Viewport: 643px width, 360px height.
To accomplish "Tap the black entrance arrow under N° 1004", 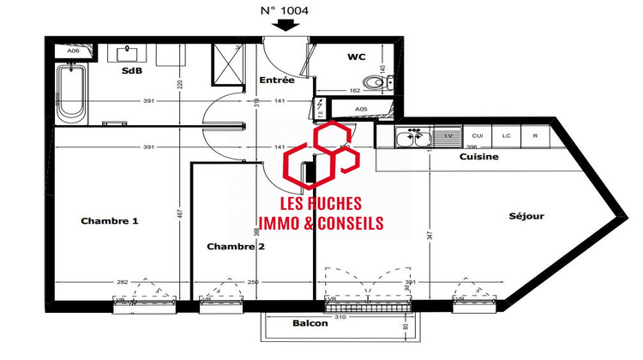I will (285, 26).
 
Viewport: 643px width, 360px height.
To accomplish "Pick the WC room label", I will (357, 57).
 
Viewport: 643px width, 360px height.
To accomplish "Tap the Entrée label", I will (276, 81).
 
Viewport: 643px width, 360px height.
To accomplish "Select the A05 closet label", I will (361, 109).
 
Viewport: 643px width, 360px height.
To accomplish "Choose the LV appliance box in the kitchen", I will (448, 135).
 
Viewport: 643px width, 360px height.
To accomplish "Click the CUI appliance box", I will (478, 135).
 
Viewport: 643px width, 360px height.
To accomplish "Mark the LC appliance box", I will (506, 135).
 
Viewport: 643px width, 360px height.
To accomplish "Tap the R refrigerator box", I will (535, 135).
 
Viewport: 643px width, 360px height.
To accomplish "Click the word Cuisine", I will (479, 157).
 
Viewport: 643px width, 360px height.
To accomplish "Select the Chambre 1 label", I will (110, 221).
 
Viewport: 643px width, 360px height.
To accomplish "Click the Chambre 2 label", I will (236, 247).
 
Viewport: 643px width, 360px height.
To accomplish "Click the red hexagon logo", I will (321, 157).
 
